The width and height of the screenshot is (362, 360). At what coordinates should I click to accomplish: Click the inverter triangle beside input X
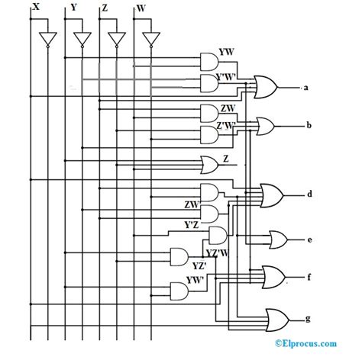(x=48, y=39)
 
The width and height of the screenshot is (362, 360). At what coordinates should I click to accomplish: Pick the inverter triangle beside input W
(x=150, y=39)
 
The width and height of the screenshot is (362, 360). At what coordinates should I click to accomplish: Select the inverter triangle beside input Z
(x=116, y=39)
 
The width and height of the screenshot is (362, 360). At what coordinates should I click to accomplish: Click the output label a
(x=305, y=88)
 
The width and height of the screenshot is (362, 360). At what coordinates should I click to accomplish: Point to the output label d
(x=309, y=194)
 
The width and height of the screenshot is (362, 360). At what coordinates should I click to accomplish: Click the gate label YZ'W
(x=218, y=252)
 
